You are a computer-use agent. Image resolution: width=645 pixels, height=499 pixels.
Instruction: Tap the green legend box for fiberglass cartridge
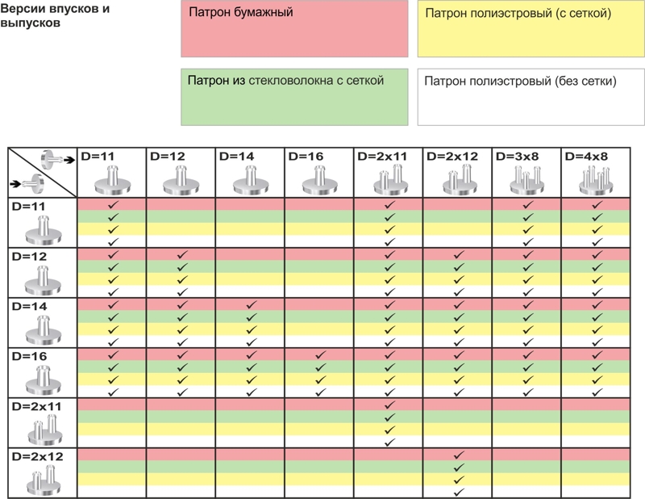pyautogui.click(x=294, y=97)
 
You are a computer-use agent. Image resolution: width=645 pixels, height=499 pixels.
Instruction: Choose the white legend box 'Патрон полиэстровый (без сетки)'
pyautogui.click(x=531, y=97)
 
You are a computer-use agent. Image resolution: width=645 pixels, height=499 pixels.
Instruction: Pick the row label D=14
pyautogui.click(x=29, y=306)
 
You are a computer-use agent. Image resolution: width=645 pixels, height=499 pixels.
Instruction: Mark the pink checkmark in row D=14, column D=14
pyautogui.click(x=251, y=305)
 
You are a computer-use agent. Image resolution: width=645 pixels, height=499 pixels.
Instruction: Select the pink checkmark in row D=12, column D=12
pyautogui.click(x=182, y=255)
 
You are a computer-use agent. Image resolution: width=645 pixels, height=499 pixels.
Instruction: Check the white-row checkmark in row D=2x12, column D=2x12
pyautogui.click(x=458, y=492)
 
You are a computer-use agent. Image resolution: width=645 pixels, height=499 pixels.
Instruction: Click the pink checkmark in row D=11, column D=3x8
pyautogui.click(x=527, y=205)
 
